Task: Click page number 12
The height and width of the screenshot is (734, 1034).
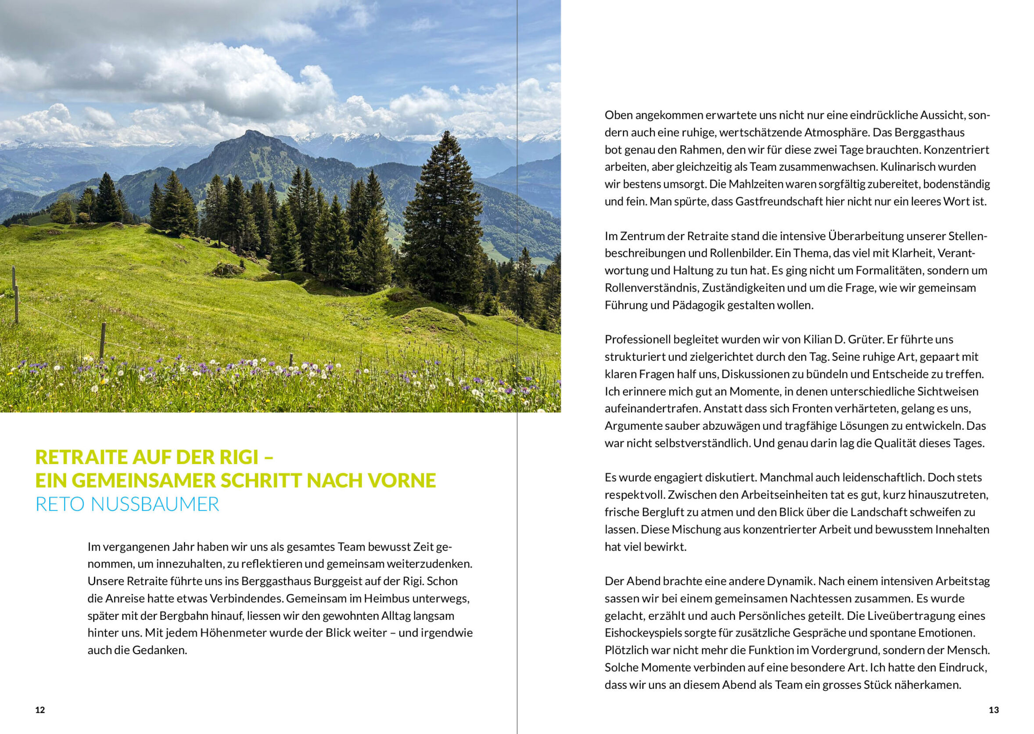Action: tap(40, 709)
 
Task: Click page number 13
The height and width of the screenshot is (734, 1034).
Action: tap(993, 709)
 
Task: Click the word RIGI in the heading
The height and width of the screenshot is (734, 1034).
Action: tap(238, 457)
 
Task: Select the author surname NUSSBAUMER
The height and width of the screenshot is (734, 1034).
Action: tap(155, 504)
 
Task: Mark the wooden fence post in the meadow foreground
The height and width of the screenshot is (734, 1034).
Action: tap(103, 340)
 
